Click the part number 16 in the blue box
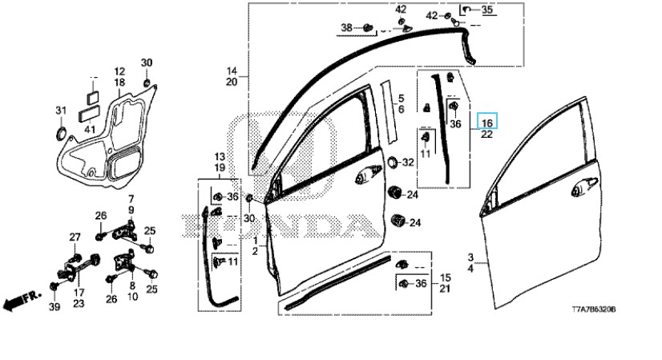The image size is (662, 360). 486,123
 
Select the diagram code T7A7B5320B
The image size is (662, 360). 594,309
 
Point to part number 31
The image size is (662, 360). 61,111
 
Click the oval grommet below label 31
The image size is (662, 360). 61,132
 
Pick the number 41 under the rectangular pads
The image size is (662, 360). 90,129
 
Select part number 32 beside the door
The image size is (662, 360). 408,162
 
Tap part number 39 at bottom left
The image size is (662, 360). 54,307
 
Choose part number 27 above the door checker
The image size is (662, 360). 75,237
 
